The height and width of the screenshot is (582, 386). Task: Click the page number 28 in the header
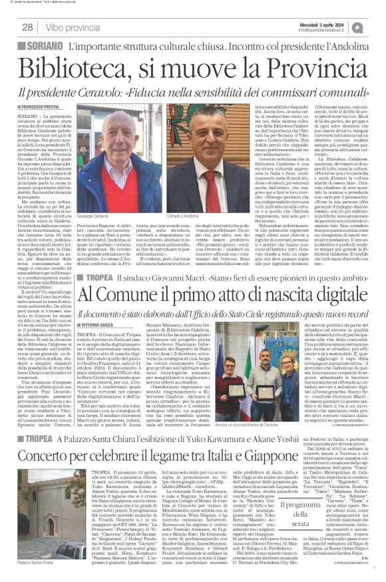pyautogui.click(x=27, y=27)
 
